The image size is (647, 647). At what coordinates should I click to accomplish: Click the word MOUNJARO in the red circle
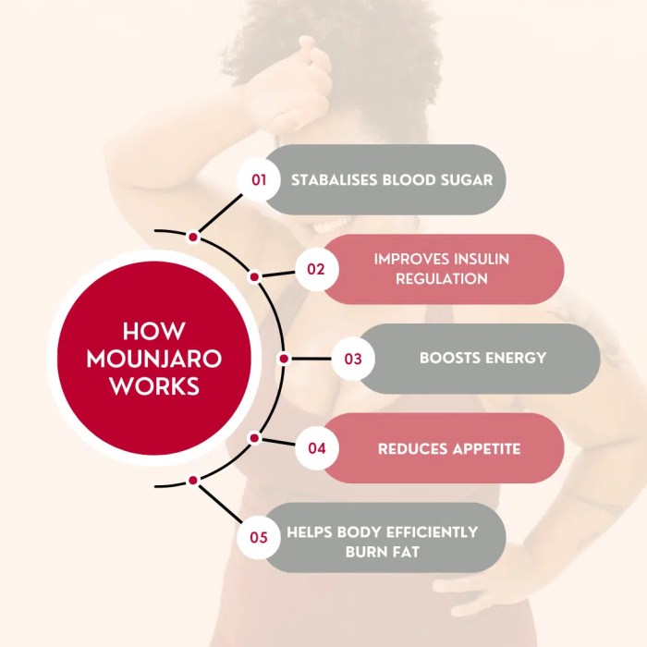[x=154, y=359]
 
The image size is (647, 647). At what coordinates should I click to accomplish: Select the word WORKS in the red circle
[x=154, y=385]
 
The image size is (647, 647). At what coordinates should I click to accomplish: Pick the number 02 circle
[x=316, y=269]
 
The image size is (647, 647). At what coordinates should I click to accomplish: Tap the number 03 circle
[x=353, y=359]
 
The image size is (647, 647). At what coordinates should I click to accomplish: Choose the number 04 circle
[x=317, y=448]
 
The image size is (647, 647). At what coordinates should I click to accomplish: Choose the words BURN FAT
[x=382, y=552]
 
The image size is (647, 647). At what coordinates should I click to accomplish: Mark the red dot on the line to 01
[x=193, y=238]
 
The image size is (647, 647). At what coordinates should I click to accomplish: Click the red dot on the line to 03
[x=284, y=359]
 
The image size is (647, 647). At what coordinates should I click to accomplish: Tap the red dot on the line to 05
[x=193, y=481]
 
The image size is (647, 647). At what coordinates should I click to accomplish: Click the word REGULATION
[x=441, y=278]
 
